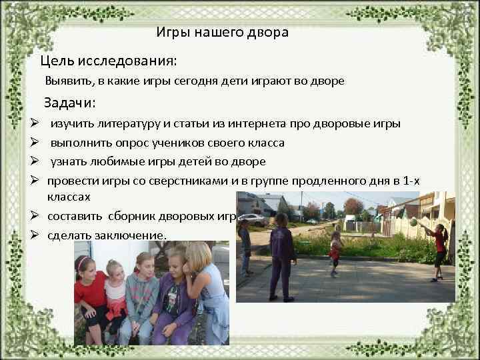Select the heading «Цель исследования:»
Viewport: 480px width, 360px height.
pyautogui.click(x=108, y=61)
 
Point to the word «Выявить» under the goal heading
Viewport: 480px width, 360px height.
pyautogui.click(x=67, y=81)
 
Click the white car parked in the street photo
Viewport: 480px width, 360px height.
pyautogui.click(x=253, y=219)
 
